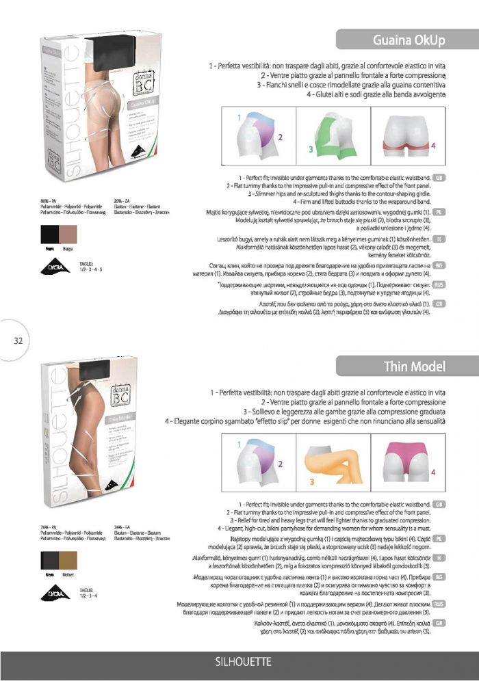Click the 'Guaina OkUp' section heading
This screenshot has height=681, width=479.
[409, 40]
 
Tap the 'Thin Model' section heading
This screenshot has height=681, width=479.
[415, 366]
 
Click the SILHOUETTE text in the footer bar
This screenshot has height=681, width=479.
[244, 662]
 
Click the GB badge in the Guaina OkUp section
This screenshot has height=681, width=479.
[440, 178]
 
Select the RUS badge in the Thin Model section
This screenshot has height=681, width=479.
[440, 604]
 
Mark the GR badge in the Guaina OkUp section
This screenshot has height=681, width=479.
[440, 303]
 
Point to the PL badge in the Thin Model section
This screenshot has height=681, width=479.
[440, 539]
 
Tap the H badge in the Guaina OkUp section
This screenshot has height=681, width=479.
[440, 239]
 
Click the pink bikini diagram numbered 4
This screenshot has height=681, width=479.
[407, 459]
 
